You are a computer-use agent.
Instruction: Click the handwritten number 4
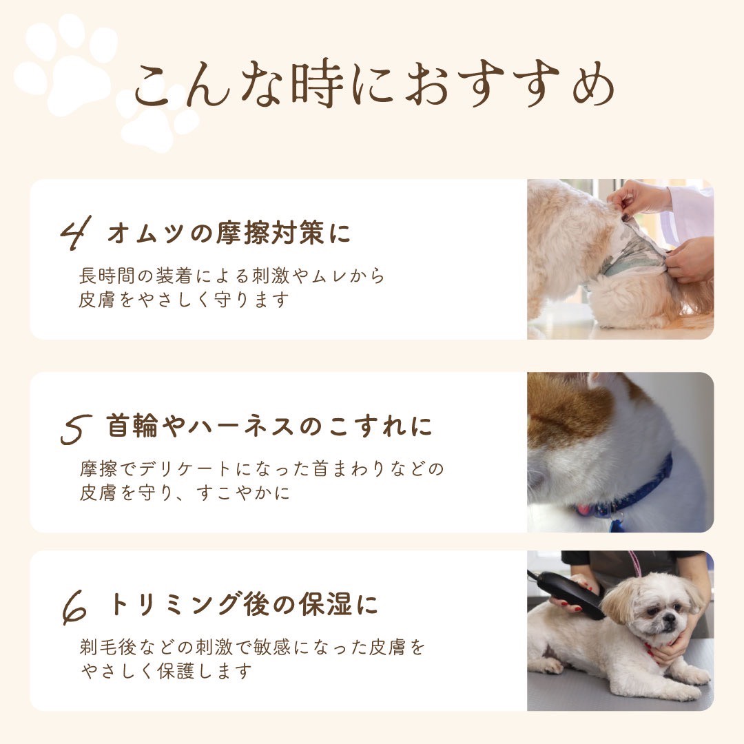click(76, 233)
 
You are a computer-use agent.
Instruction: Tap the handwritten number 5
click(76, 429)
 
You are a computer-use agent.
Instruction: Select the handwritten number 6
click(75, 608)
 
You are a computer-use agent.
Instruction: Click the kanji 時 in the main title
click(317, 85)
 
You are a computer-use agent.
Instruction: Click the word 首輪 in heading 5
click(132, 425)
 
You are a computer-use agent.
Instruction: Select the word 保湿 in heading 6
click(325, 604)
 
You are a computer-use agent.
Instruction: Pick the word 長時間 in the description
click(107, 276)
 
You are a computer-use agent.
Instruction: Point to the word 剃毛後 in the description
click(107, 647)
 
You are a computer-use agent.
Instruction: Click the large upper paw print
click(65, 64)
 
